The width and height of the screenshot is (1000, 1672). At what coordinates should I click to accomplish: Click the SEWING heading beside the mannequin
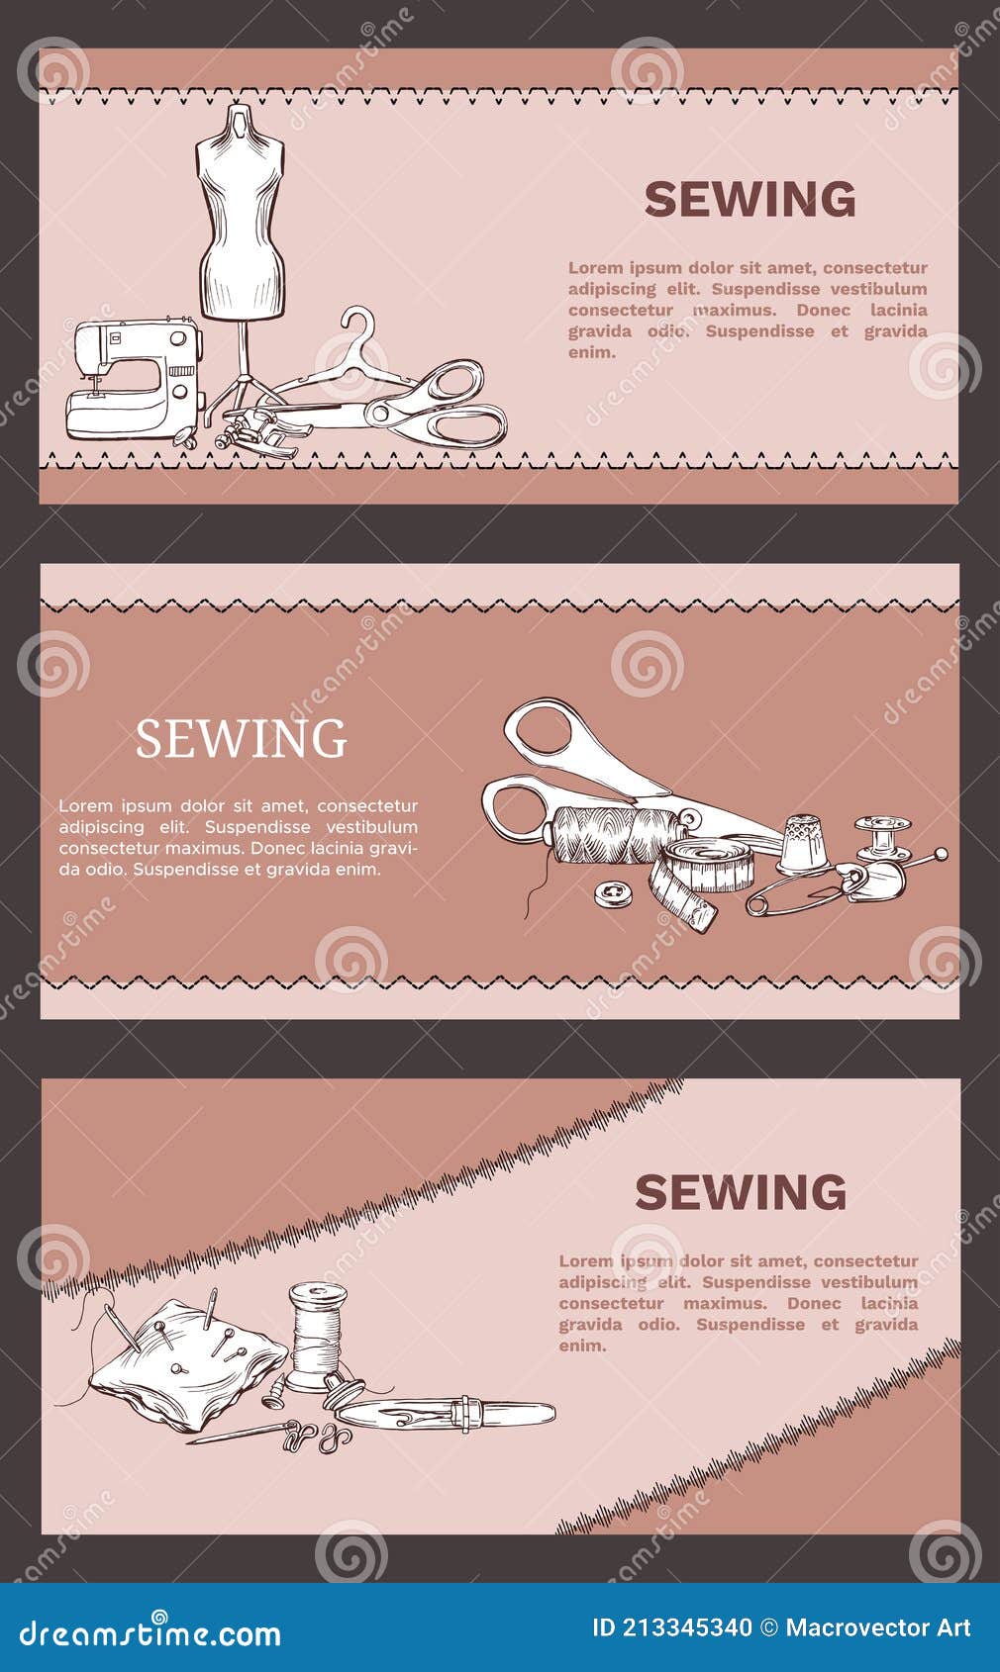click(x=750, y=200)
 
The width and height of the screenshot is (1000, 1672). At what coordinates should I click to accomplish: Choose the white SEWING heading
click(x=241, y=739)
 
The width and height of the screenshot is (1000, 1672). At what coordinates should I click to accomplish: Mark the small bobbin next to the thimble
click(x=882, y=839)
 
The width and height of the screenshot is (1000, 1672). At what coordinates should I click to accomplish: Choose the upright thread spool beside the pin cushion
click(x=317, y=1331)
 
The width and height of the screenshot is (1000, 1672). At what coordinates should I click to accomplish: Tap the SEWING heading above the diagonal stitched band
click(x=740, y=1193)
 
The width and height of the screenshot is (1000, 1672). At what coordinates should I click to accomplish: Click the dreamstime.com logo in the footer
click(x=150, y=1632)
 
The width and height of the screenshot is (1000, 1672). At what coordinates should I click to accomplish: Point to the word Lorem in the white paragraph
click(x=85, y=806)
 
